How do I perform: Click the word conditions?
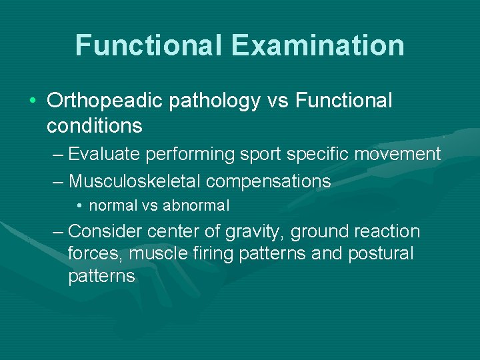pyautogui.click(x=95, y=125)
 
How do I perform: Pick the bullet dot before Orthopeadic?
pyautogui.click(x=33, y=101)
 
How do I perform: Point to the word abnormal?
pyautogui.click(x=196, y=206)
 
